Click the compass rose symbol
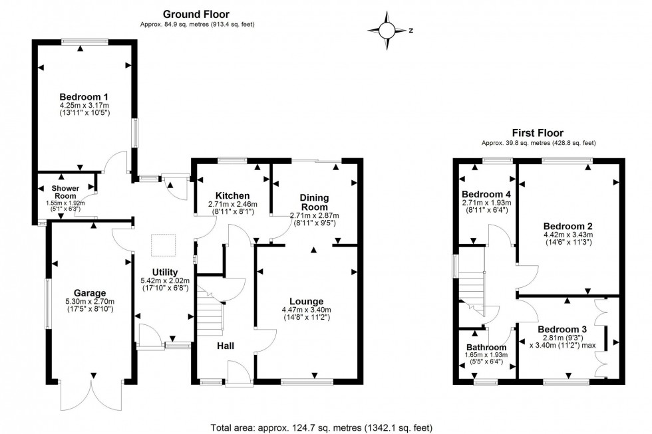(x=387, y=31)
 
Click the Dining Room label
(x=313, y=202)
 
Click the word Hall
(x=226, y=345)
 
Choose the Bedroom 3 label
(x=562, y=330)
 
